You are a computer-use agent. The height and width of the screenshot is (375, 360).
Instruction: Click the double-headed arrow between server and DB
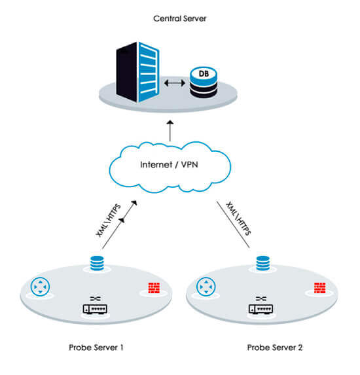[x=173, y=84]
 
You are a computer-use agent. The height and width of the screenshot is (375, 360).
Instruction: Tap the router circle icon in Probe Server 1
[x=40, y=287]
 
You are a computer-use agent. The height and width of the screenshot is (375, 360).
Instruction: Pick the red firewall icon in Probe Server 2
[x=319, y=287]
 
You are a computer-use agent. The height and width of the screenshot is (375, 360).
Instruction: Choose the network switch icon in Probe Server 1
[x=96, y=307]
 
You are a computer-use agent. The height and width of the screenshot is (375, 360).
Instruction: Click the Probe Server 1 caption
[x=96, y=346]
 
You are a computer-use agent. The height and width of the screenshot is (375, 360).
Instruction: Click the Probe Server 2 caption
[x=275, y=346]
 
